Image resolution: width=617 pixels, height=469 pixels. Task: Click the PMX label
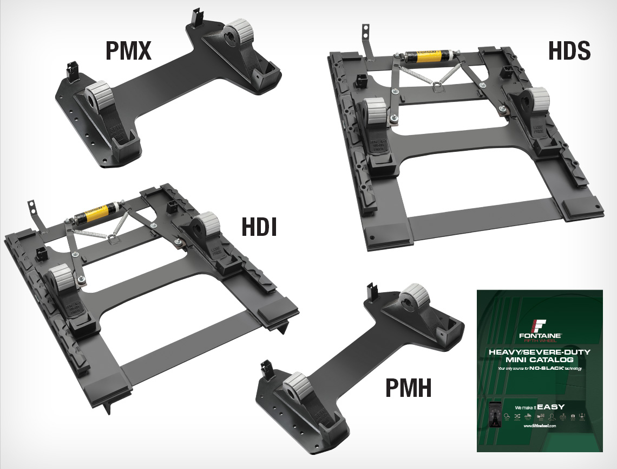pos(128,52)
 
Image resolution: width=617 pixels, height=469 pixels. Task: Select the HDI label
pos(259,227)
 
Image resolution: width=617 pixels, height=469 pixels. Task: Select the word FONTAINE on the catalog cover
pos(539,336)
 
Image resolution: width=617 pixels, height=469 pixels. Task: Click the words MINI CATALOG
pos(539,359)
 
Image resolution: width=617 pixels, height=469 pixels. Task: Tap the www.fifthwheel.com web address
pos(539,426)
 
